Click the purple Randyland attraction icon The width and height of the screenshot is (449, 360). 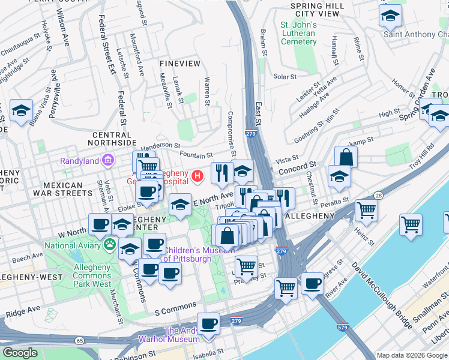108,160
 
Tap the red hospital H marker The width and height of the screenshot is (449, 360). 197,176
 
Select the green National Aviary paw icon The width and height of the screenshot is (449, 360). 110,244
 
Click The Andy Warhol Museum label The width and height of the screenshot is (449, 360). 189,336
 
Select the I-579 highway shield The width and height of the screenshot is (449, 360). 343,328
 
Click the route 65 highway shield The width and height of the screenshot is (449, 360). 80,340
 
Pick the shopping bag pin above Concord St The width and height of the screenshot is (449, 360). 346,157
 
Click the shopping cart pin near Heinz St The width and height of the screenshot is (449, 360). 366,211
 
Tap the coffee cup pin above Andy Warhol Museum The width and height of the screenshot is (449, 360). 208,324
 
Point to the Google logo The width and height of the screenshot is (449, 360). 20,353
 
